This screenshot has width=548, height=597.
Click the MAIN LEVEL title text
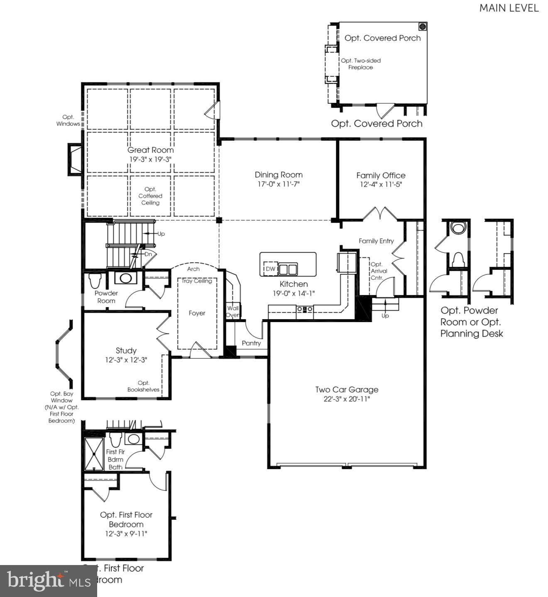[509, 8]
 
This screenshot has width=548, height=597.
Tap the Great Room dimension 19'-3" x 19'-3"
[150, 159]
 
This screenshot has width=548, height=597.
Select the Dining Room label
[279, 175]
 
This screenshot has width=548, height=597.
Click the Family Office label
[381, 175]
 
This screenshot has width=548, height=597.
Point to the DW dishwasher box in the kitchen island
[270, 269]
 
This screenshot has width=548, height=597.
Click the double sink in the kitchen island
[288, 269]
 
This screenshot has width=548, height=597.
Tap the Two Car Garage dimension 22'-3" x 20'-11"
[347, 399]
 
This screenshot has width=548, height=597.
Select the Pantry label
[251, 343]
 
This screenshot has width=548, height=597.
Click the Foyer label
[197, 313]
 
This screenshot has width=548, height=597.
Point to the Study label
[126, 350]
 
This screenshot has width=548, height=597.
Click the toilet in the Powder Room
[95, 281]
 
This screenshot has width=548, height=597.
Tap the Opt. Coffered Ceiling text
[150, 196]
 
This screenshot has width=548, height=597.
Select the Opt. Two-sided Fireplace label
[360, 64]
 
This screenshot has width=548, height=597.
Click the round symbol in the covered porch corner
[422, 27]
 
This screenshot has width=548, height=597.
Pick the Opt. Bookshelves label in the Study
[144, 386]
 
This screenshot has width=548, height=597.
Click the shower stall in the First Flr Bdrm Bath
[94, 454]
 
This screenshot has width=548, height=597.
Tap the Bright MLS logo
[48, 581]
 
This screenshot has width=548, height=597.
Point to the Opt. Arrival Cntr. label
[378, 271]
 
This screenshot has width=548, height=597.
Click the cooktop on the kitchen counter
[305, 309]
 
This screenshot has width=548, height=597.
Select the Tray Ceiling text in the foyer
[197, 281]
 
